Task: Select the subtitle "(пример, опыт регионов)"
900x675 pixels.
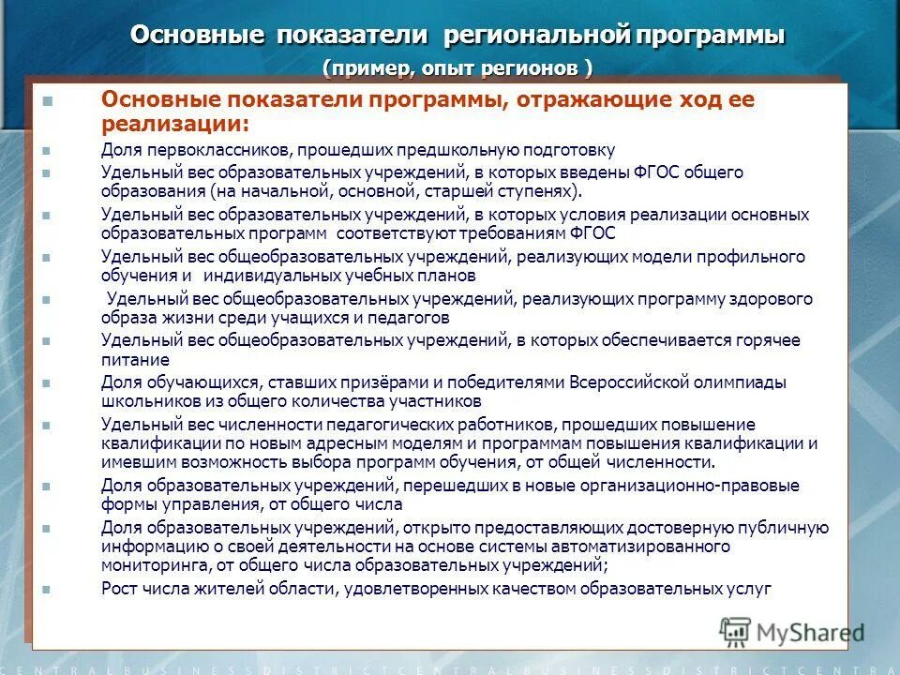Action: click(x=457, y=68)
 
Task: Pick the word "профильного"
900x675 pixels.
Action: click(x=746, y=257)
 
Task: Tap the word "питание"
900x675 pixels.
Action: click(x=135, y=359)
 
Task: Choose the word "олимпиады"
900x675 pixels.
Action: click(x=727, y=382)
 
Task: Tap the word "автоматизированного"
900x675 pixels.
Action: click(x=649, y=546)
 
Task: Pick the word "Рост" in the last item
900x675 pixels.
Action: click(x=119, y=589)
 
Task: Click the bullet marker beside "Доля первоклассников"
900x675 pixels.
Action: click(x=48, y=151)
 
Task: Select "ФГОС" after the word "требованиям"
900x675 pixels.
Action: click(x=595, y=233)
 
